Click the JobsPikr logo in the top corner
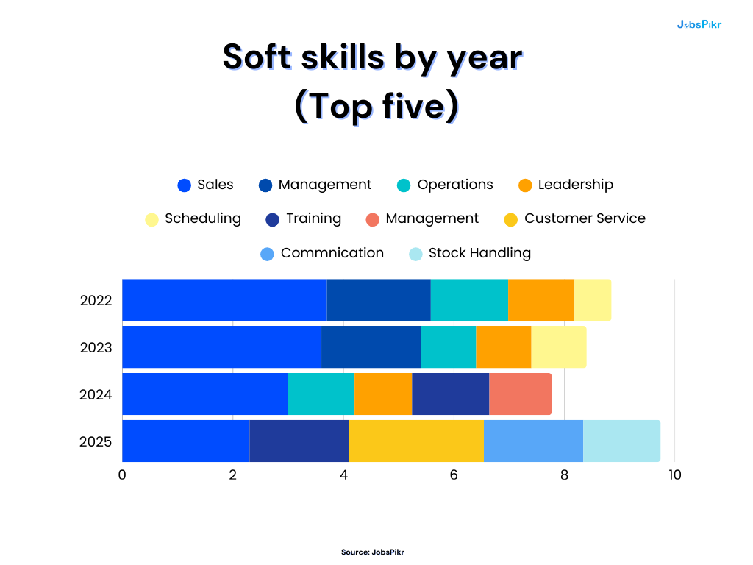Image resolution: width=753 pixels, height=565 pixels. (699, 24)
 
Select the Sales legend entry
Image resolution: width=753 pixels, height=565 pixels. (206, 185)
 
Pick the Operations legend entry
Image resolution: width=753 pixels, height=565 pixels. (445, 185)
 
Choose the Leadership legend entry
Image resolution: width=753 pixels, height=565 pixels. (565, 185)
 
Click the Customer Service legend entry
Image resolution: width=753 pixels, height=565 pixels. (574, 219)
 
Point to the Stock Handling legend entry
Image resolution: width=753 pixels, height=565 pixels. (470, 254)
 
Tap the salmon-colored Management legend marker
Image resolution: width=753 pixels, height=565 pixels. (373, 220)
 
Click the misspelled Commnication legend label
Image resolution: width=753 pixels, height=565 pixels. (332, 253)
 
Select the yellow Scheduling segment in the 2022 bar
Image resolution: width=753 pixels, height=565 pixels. (592, 300)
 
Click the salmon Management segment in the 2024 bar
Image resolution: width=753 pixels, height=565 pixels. (520, 394)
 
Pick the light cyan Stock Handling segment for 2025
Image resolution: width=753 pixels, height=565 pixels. (621, 441)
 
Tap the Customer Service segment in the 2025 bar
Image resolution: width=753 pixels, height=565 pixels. (415, 441)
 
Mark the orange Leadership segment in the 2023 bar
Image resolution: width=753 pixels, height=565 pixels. (503, 347)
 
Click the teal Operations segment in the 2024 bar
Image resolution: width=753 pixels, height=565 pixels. (321, 394)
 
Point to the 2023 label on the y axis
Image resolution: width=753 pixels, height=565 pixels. (96, 347)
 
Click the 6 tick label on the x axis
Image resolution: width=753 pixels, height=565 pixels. (454, 475)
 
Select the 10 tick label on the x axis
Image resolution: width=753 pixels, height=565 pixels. (674, 475)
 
